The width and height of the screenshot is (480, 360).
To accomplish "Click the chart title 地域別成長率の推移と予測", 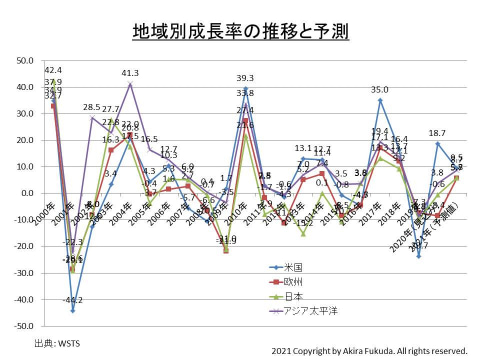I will [x=240, y=31].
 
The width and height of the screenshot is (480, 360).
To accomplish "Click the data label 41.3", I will [x=130, y=73].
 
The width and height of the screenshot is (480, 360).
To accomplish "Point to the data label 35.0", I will [x=380, y=90].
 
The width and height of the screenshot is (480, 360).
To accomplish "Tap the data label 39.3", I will [x=245, y=78].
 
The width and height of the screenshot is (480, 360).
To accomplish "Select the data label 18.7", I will [x=437, y=133].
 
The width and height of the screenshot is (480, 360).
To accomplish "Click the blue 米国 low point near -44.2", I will [x=73, y=310].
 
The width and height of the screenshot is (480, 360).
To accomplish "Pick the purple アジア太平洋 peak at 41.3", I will [x=130, y=84].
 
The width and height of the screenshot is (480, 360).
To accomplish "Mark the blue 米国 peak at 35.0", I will [x=380, y=100].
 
